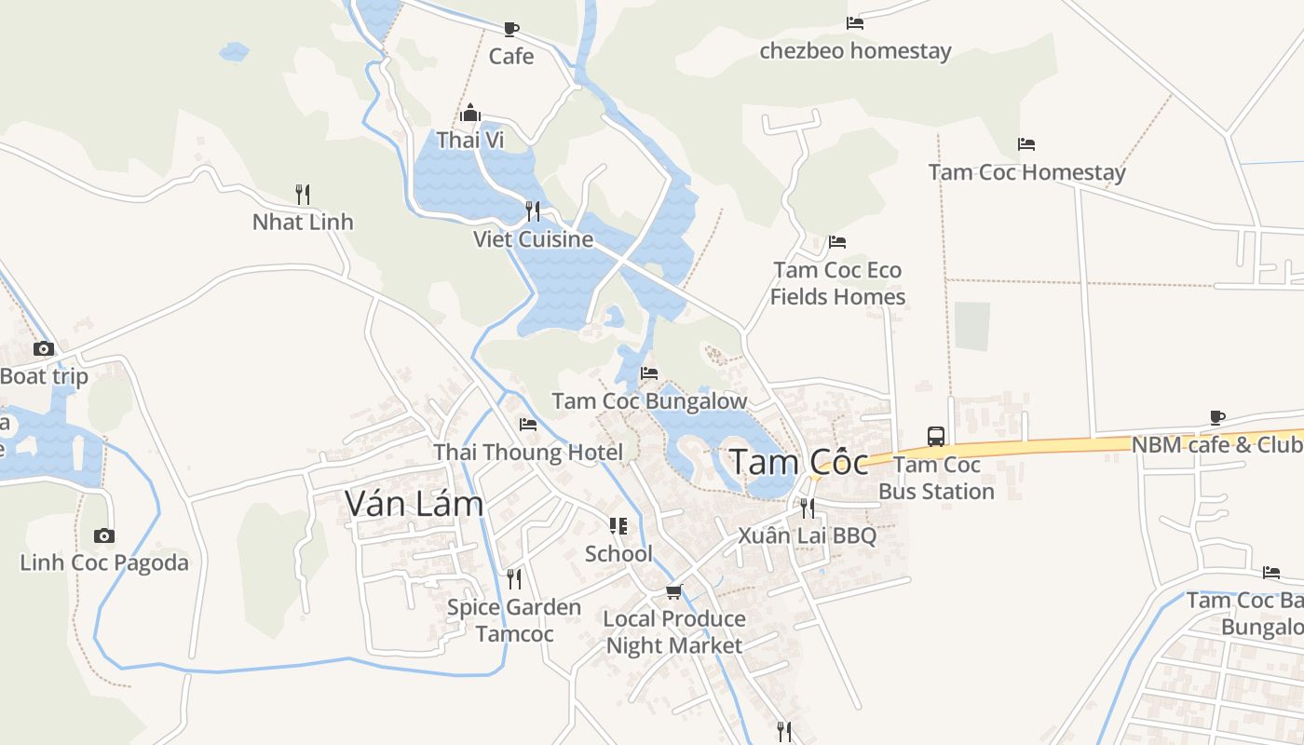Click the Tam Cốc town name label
pyautogui.click(x=798, y=462)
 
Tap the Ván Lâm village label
pyautogui.click(x=414, y=503)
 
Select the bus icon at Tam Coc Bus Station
pyautogui.click(x=936, y=436)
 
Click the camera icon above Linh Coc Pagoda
pyautogui.click(x=104, y=535)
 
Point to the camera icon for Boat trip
pyautogui.click(x=44, y=349)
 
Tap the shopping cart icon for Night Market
pyautogui.click(x=674, y=591)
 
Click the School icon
pyautogui.click(x=618, y=526)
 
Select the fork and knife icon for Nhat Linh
pyautogui.click(x=303, y=194)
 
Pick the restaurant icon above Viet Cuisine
pyautogui.click(x=532, y=210)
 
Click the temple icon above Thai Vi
pyautogui.click(x=470, y=114)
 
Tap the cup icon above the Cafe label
pyautogui.click(x=510, y=29)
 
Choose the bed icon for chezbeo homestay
pyautogui.click(x=855, y=23)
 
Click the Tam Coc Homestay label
pyautogui.click(x=1026, y=172)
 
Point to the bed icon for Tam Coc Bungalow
pyautogui.click(x=649, y=373)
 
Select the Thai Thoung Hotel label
pyautogui.click(x=528, y=453)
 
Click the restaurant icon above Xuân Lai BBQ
pyautogui.click(x=807, y=508)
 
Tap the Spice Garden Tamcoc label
pyautogui.click(x=514, y=620)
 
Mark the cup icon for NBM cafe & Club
pyautogui.click(x=1216, y=417)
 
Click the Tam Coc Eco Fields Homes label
pyautogui.click(x=838, y=283)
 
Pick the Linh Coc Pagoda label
pyautogui.click(x=104, y=562)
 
